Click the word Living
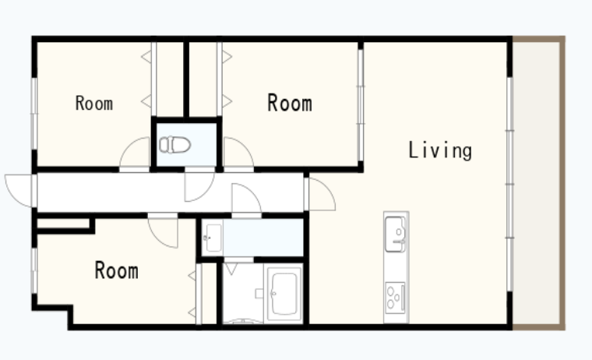coord(440,150)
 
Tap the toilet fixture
coord(174,145)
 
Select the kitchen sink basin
coord(395,235)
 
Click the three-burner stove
coord(395,298)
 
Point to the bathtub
coord(284,294)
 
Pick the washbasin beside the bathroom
coord(213,238)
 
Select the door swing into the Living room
coord(322,194)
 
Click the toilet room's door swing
coord(199,186)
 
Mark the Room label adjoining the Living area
coord(290,103)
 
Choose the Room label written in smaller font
coord(94,103)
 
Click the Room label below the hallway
coord(116,270)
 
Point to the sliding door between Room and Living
coord(361,105)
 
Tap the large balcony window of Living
coord(509,184)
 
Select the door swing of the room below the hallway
coord(163,233)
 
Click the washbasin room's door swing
coord(246,199)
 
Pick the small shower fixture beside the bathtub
coord(259,294)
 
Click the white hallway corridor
coord(170,192)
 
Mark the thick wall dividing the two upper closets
coord(186,79)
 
